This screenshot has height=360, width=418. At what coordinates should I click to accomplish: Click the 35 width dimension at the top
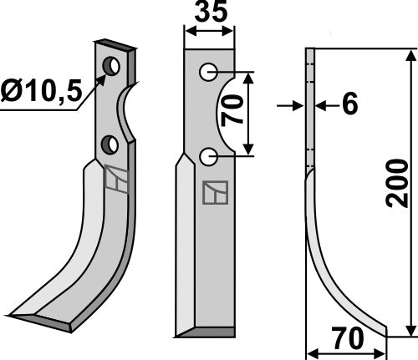click(209, 15)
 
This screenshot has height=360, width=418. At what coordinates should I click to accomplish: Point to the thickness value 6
click(349, 105)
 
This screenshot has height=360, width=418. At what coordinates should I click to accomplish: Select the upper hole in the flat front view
click(207, 73)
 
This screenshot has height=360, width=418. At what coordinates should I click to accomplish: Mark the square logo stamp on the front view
click(214, 193)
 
